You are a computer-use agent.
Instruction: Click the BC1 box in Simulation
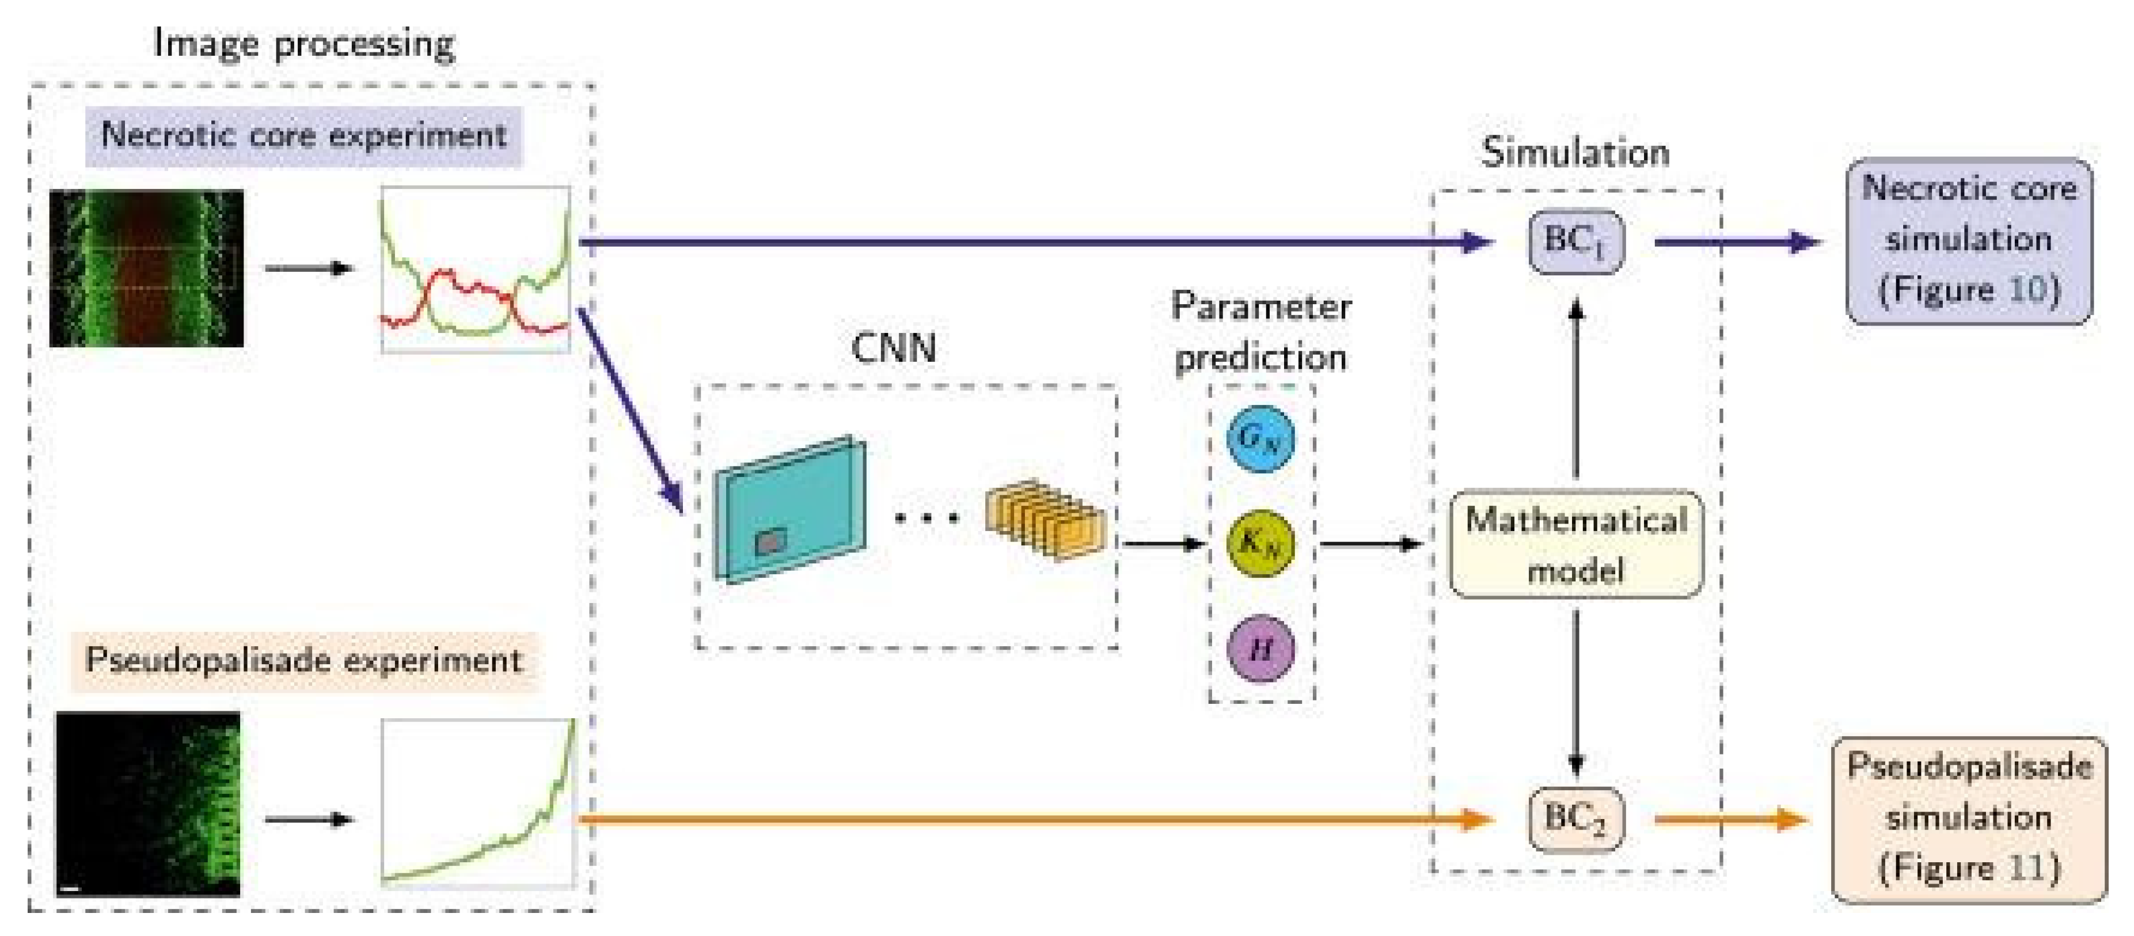coord(1575,242)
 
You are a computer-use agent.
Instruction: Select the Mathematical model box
coord(1575,544)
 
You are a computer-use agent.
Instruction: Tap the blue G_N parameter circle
coord(1260,438)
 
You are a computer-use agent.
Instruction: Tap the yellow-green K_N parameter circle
coord(1260,543)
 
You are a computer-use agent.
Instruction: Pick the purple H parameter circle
coord(1260,649)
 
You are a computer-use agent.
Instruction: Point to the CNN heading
coord(894,348)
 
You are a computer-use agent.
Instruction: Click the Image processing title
coord(304,44)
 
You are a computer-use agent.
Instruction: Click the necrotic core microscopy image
coord(147,267)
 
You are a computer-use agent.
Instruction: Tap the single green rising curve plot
coord(477,802)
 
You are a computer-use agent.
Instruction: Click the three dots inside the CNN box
coord(927,518)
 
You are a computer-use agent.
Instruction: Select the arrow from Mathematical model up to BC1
coord(1575,389)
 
